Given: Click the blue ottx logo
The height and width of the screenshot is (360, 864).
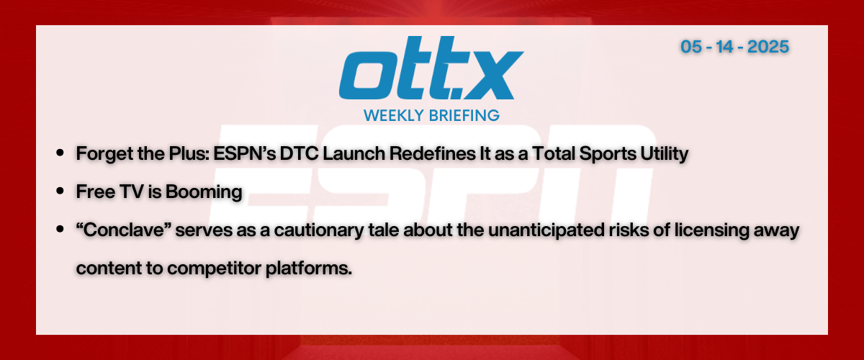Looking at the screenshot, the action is coord(431,68).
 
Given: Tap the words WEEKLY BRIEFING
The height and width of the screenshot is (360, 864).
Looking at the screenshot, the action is coord(431,115).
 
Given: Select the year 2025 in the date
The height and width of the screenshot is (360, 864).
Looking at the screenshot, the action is coord(768,47).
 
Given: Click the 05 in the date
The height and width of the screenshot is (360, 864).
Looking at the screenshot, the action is coord(690,47).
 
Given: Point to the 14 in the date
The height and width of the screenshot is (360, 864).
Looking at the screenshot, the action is coord(724,47).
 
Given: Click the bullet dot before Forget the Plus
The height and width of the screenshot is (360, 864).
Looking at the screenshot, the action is coord(60,153).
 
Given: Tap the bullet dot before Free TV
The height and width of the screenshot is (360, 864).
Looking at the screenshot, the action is coord(60,191).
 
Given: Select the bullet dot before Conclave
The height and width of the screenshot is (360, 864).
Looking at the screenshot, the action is coord(60,229).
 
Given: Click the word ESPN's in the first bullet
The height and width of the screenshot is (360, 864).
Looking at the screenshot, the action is coord(245,153).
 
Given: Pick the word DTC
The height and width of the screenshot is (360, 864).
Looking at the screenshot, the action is coord(300,153).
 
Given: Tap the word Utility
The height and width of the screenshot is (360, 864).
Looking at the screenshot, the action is coord(664,154).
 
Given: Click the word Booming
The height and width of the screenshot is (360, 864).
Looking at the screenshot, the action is coord(204,192).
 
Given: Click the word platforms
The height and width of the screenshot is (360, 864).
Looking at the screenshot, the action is coord(309,269).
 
